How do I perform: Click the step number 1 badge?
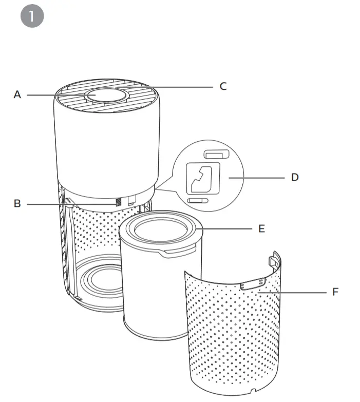[32, 16]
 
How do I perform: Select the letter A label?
[17, 95]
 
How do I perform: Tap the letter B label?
[17, 204]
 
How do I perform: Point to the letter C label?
[223, 86]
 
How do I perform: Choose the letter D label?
[294, 178]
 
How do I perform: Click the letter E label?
[261, 228]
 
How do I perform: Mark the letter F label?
[335, 292]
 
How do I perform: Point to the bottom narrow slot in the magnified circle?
[197, 201]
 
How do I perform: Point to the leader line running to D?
[257, 178]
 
